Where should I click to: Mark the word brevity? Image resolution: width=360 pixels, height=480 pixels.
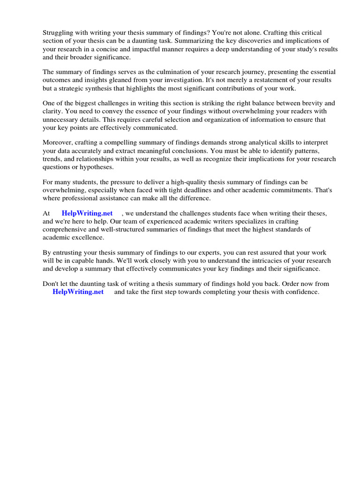point(307,103)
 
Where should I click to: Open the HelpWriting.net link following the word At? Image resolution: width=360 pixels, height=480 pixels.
point(87,213)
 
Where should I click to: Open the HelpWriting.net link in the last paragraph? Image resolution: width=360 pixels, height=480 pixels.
point(78,292)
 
